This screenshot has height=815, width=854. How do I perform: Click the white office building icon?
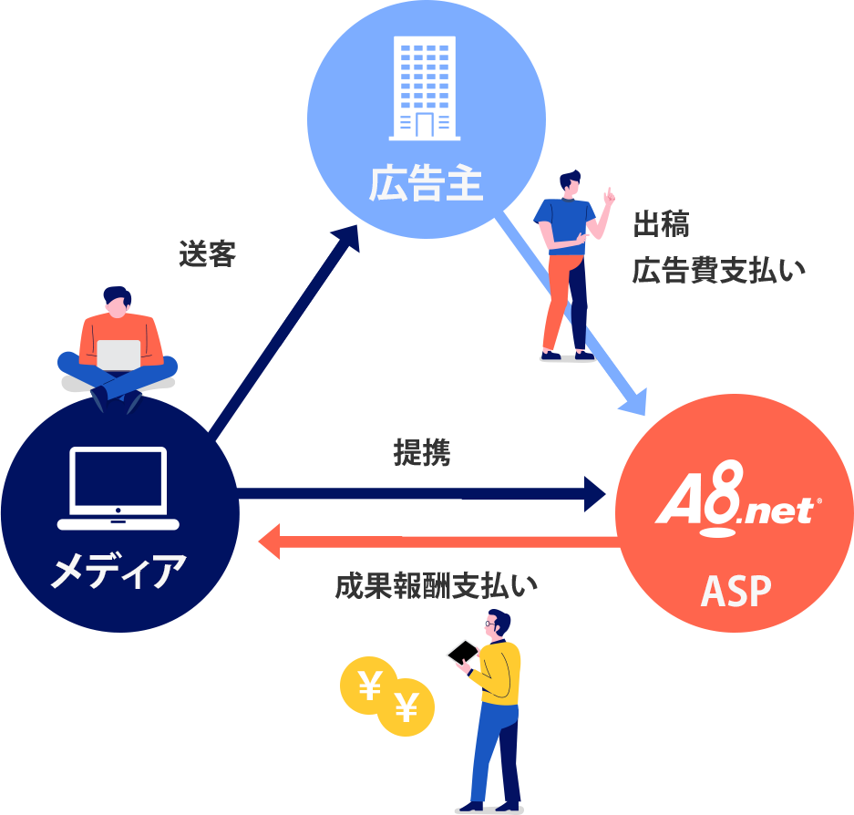pos(424,88)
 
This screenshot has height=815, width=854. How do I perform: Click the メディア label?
pos(118,572)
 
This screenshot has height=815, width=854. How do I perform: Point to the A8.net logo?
pos(737,499)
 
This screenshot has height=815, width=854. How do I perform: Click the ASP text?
pos(736,592)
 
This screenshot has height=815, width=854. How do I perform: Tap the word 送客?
pos(207,254)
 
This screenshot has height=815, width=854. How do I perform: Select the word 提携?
pos(422,452)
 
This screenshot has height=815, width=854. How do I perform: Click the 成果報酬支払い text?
pos(436,586)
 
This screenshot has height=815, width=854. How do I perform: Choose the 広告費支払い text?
pos(718,270)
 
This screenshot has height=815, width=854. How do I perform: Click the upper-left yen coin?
pos(369,685)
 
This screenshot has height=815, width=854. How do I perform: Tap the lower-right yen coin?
pos(406,707)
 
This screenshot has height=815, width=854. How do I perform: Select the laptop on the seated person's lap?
pos(118,354)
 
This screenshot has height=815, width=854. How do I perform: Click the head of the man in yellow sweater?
pos(499,626)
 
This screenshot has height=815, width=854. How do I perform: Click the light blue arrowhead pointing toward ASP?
pos(633,401)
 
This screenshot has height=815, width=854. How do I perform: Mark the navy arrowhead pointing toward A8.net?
pos(601,494)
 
